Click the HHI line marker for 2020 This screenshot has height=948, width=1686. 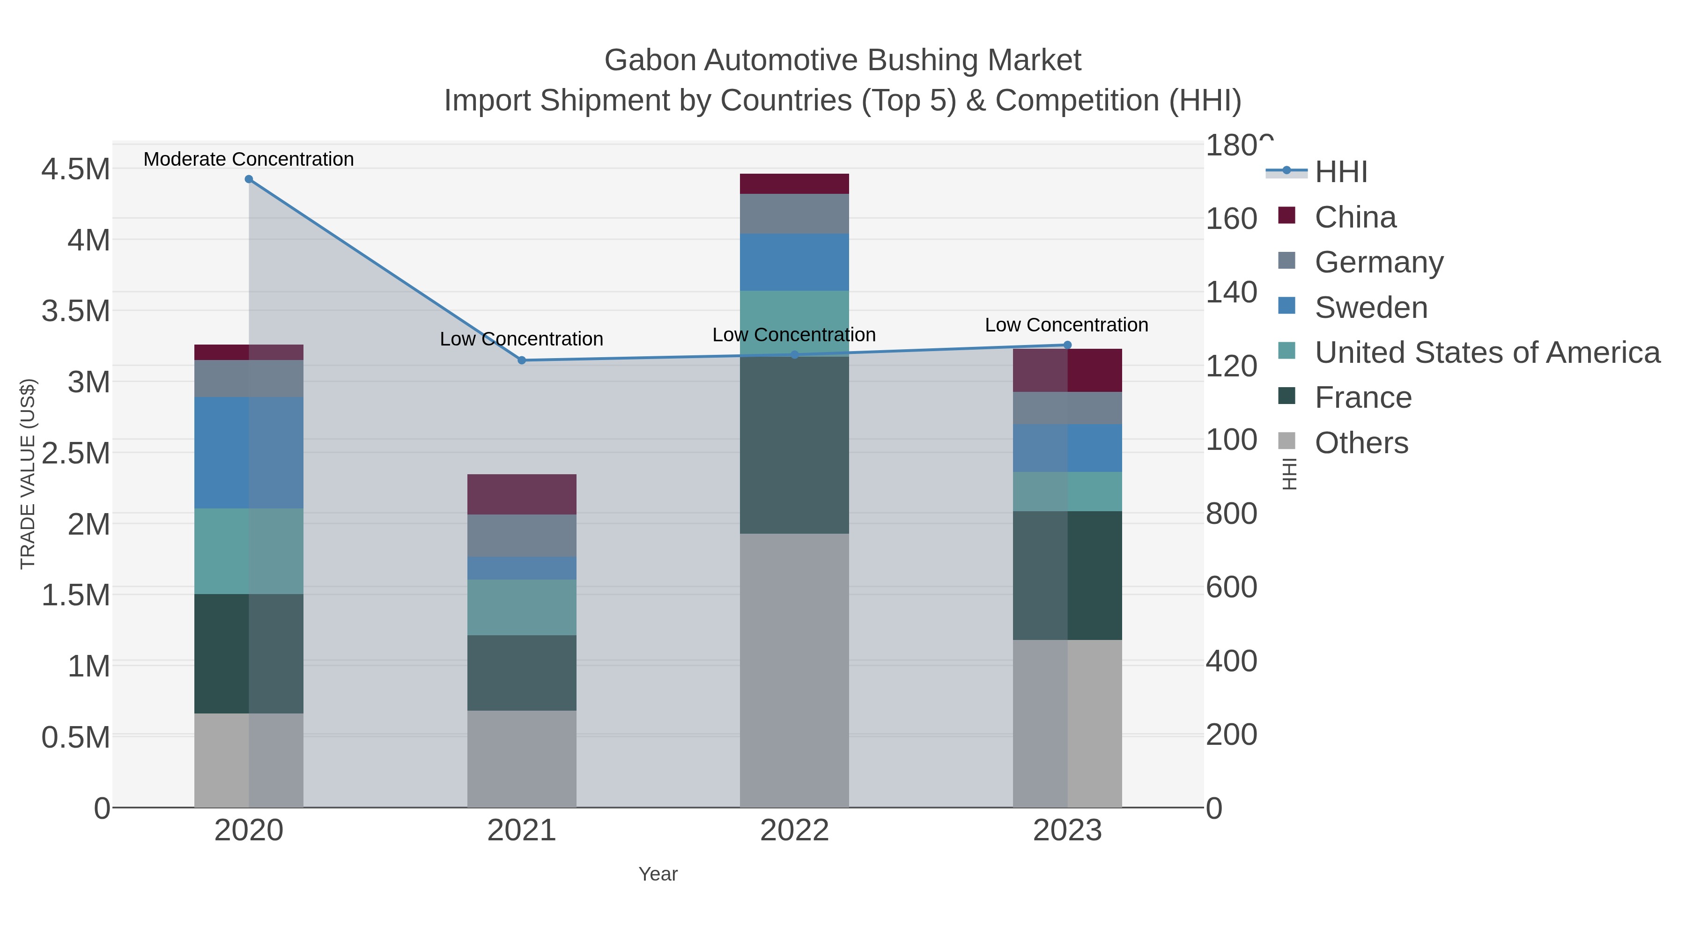249,179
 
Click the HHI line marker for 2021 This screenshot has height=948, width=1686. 522,360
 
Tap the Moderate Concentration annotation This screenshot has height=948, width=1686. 249,159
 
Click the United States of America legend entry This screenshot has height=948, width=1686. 1487,352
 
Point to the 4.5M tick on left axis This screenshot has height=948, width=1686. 75,169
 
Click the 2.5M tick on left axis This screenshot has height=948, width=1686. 75,453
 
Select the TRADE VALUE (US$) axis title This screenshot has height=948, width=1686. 28,474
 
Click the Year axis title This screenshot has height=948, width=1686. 658,874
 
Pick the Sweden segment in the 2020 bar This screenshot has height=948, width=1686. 249,453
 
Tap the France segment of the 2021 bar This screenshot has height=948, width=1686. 522,673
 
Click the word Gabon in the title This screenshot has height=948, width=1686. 650,60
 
